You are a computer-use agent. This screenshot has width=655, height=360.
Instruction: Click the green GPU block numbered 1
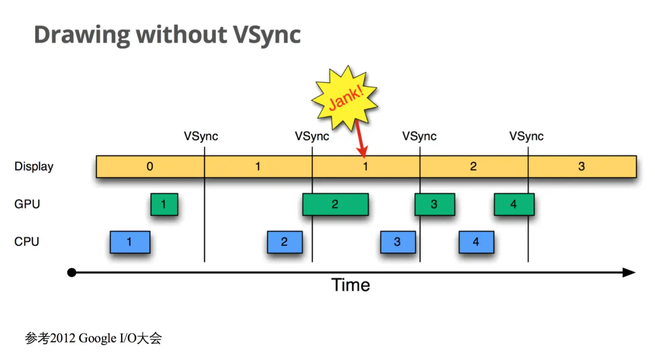pyautogui.click(x=164, y=204)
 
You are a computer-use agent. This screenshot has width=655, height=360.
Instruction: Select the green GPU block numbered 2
pyautogui.click(x=335, y=204)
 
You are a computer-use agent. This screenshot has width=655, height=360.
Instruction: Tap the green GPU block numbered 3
pyautogui.click(x=434, y=204)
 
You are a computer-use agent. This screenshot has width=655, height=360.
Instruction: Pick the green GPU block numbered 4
pyautogui.click(x=514, y=204)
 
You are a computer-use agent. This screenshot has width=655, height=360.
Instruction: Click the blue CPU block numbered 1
pyautogui.click(x=130, y=242)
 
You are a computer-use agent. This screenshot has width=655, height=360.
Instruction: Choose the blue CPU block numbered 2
pyautogui.click(x=285, y=242)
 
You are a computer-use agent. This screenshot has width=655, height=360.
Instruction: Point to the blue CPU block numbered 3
pyautogui.click(x=398, y=242)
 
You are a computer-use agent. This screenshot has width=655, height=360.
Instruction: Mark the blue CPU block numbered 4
pyautogui.click(x=476, y=242)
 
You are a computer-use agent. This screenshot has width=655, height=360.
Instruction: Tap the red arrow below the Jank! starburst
pyautogui.click(x=360, y=140)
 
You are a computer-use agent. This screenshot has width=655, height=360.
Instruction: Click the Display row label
pyautogui.click(x=34, y=166)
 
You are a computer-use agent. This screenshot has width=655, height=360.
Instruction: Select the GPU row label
pyautogui.click(x=27, y=204)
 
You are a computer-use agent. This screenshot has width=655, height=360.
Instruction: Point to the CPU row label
pyautogui.click(x=27, y=242)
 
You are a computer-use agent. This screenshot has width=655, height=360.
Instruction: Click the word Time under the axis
pyautogui.click(x=351, y=285)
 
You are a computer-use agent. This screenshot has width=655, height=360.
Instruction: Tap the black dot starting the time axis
pyautogui.click(x=72, y=273)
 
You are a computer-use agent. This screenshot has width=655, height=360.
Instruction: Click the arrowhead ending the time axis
pyautogui.click(x=629, y=273)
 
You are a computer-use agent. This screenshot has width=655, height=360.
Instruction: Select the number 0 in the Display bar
pyautogui.click(x=150, y=166)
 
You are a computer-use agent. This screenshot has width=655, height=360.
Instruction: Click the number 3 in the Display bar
pyautogui.click(x=581, y=166)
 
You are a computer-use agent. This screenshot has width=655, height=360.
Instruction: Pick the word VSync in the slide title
pyautogui.click(x=266, y=35)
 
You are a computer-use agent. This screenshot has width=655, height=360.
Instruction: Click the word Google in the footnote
pyautogui.click(x=98, y=338)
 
